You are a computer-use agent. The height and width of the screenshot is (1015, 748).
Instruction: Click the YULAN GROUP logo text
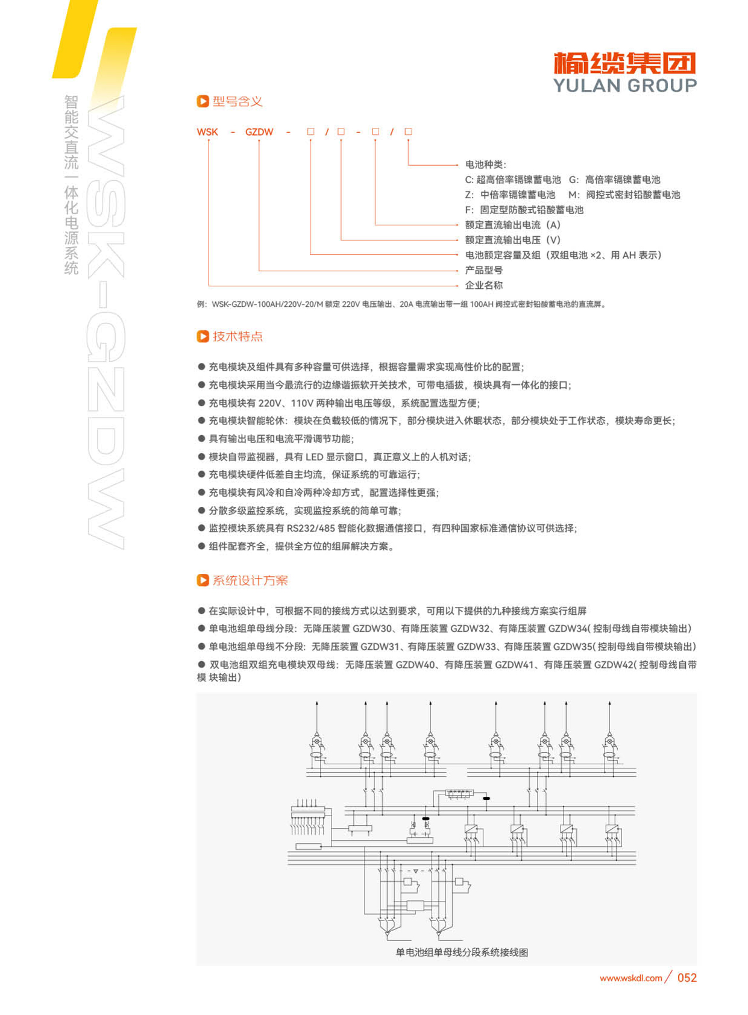pyautogui.click(x=624, y=86)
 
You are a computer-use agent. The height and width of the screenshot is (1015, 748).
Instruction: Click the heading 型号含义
pyautogui.click(x=237, y=101)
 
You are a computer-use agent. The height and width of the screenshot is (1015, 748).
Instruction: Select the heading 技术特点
pyautogui.click(x=237, y=336)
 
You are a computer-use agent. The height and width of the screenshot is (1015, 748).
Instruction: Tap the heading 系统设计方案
pyautogui.click(x=250, y=580)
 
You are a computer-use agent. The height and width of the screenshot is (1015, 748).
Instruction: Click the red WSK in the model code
pyautogui.click(x=207, y=132)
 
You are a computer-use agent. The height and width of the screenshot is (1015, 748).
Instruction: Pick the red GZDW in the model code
pyautogui.click(x=259, y=132)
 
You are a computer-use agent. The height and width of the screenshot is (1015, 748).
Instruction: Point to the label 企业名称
pyautogui.click(x=483, y=285)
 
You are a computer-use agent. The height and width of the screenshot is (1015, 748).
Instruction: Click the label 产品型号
pyautogui.click(x=483, y=270)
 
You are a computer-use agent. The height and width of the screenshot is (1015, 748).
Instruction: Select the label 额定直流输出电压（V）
pyautogui.click(x=512, y=240)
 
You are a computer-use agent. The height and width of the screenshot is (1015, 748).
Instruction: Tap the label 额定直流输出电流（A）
pyautogui.click(x=512, y=225)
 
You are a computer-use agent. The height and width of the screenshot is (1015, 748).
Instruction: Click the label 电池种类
pyautogui.click(x=485, y=165)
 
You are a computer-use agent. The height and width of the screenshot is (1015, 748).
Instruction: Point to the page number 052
pyautogui.click(x=687, y=978)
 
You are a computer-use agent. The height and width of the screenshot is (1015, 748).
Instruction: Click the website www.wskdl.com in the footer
pyautogui.click(x=630, y=978)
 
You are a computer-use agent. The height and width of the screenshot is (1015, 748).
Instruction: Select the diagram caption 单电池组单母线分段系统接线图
pyautogui.click(x=462, y=952)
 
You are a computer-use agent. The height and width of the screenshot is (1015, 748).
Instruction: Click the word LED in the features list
pyautogui.click(x=314, y=457)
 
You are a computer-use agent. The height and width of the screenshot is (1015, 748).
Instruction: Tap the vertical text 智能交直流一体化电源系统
pyautogui.click(x=72, y=184)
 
